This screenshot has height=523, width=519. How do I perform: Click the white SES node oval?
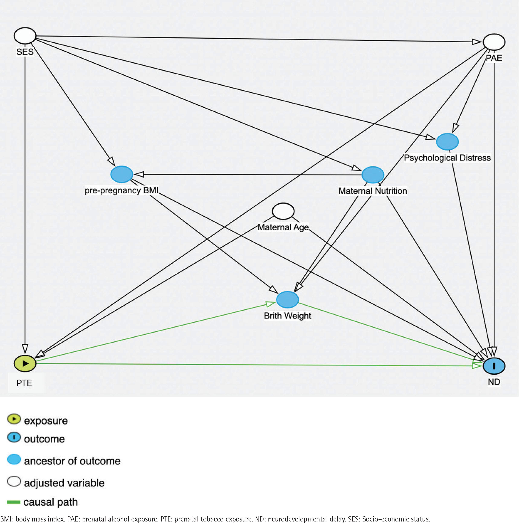pos(25,35)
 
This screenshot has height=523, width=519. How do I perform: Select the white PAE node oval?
pos(494,42)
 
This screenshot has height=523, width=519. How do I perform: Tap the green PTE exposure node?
pos(25,363)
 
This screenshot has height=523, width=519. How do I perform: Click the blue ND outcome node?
pos(494,366)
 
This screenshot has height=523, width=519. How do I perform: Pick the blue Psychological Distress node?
pos(447,142)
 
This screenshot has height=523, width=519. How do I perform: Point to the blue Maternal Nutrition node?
pos(373,175)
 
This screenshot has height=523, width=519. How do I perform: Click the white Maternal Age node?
pos(283,211)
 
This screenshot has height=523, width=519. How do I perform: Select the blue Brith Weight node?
pos(288,300)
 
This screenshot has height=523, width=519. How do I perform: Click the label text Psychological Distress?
pos(447,158)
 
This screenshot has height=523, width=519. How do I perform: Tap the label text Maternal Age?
pos(283,227)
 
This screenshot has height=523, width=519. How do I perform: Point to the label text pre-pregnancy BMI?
pos(122,191)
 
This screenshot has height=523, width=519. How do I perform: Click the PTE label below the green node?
pos(24,383)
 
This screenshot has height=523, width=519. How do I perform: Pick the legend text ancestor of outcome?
pos(72,461)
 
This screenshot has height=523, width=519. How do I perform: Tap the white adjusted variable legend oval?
pos(14,482)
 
